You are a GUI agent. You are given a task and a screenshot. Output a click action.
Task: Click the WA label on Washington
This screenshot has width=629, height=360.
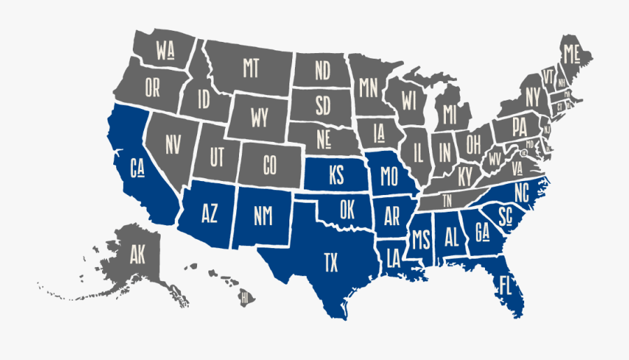166,51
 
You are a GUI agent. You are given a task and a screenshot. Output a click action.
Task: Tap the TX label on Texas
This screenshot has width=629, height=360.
331,263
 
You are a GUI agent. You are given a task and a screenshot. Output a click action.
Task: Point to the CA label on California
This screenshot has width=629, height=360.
138,168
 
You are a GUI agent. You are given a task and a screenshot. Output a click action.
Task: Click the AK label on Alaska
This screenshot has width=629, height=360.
137,255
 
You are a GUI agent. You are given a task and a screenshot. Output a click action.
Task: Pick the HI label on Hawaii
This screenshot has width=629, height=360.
245,298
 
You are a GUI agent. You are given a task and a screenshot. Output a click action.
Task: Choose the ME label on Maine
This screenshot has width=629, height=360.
572,52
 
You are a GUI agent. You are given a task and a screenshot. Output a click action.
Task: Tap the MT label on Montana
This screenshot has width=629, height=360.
251,69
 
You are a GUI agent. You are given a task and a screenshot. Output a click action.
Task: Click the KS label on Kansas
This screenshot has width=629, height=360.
335,176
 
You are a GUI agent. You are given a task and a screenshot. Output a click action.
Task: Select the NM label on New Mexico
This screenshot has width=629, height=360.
263,217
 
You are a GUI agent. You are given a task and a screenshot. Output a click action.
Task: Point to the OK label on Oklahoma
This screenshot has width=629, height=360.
347,209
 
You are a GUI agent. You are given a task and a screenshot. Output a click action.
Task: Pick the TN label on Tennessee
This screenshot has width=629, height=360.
447,199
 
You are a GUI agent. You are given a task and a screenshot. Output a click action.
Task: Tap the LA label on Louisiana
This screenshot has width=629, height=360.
393,258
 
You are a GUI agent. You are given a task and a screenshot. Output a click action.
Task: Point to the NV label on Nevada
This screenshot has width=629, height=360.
173,144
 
